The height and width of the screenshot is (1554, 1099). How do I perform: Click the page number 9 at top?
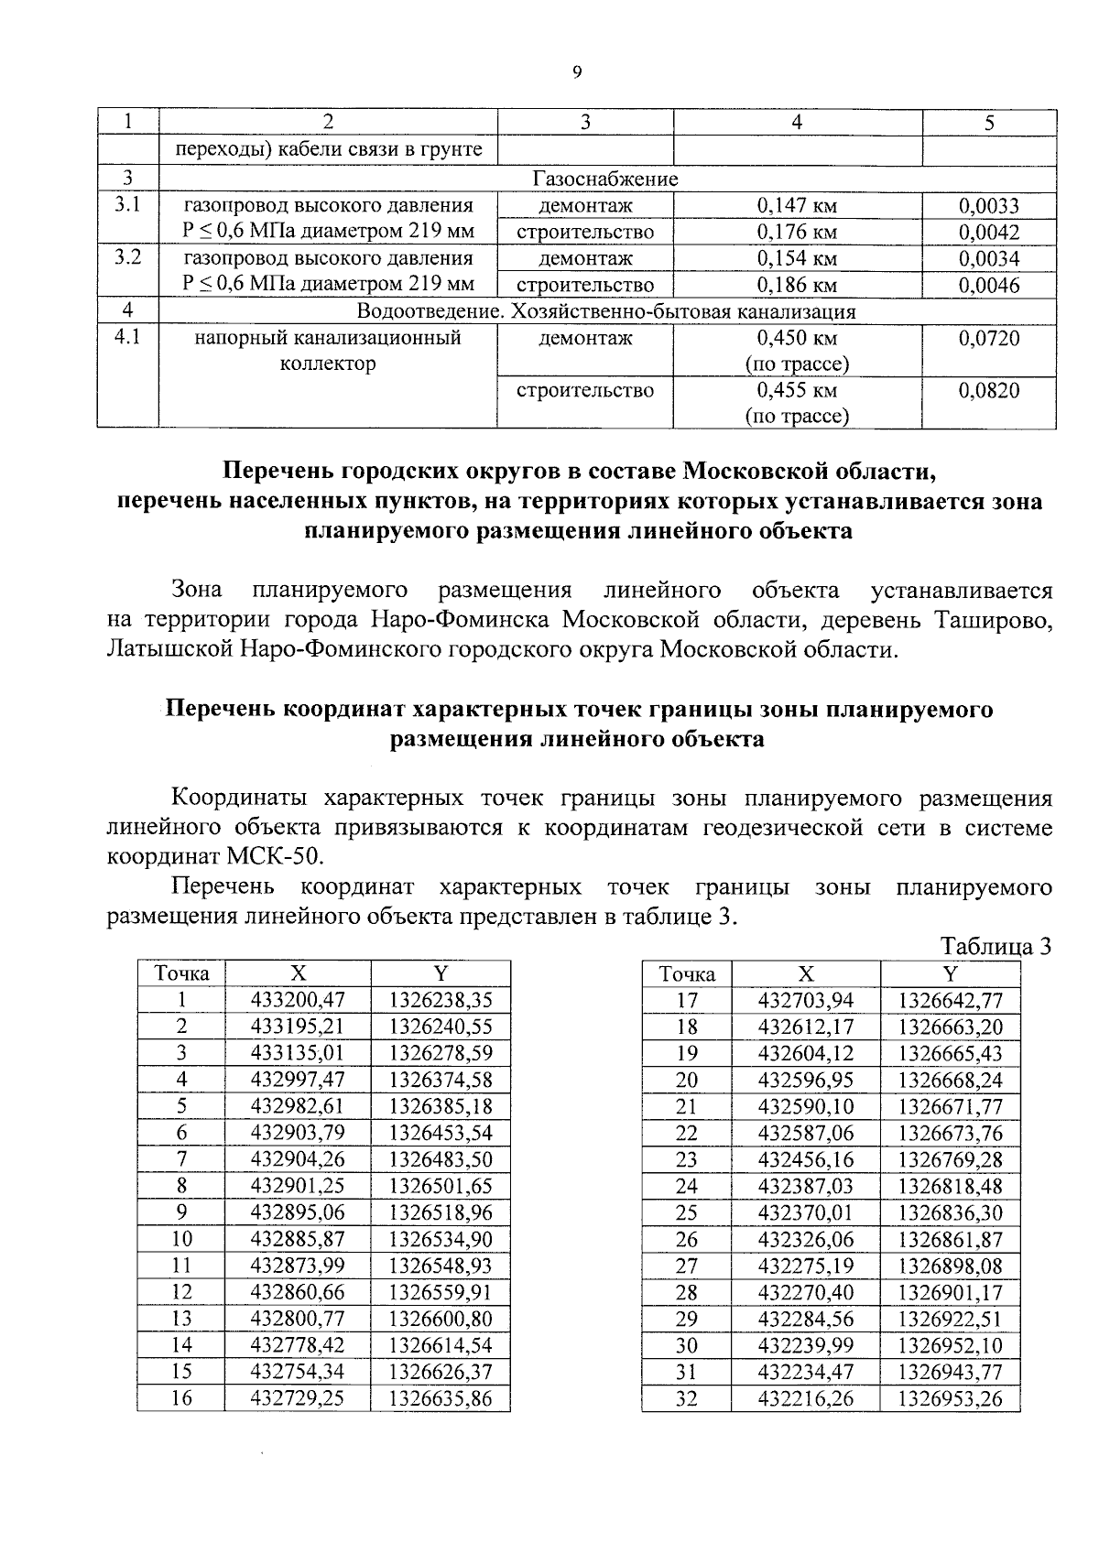click(576, 73)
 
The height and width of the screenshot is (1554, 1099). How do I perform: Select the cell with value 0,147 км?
click(797, 206)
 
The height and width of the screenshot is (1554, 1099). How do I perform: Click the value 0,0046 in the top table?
click(989, 286)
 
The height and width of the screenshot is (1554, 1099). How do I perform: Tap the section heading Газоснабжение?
click(605, 179)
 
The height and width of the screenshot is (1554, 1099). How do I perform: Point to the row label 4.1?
click(127, 338)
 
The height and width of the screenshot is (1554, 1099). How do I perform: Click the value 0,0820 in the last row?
click(989, 391)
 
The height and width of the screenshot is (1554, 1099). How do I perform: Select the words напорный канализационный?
click(328, 338)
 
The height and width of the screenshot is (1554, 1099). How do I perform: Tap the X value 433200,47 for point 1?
click(298, 1000)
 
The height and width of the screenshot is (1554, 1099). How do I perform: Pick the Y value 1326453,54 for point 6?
click(441, 1133)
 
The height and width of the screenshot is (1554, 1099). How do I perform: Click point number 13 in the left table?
click(181, 1319)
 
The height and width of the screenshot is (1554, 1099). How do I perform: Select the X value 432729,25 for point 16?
click(298, 1398)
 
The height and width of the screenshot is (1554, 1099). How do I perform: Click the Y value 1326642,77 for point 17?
click(950, 1000)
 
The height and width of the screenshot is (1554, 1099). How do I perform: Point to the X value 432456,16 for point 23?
click(806, 1159)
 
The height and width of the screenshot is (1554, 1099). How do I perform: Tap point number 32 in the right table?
click(687, 1398)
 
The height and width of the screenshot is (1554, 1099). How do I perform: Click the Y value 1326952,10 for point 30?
click(950, 1345)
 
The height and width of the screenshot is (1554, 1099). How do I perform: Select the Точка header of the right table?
click(687, 974)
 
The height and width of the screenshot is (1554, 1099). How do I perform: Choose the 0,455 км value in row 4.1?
click(797, 391)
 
